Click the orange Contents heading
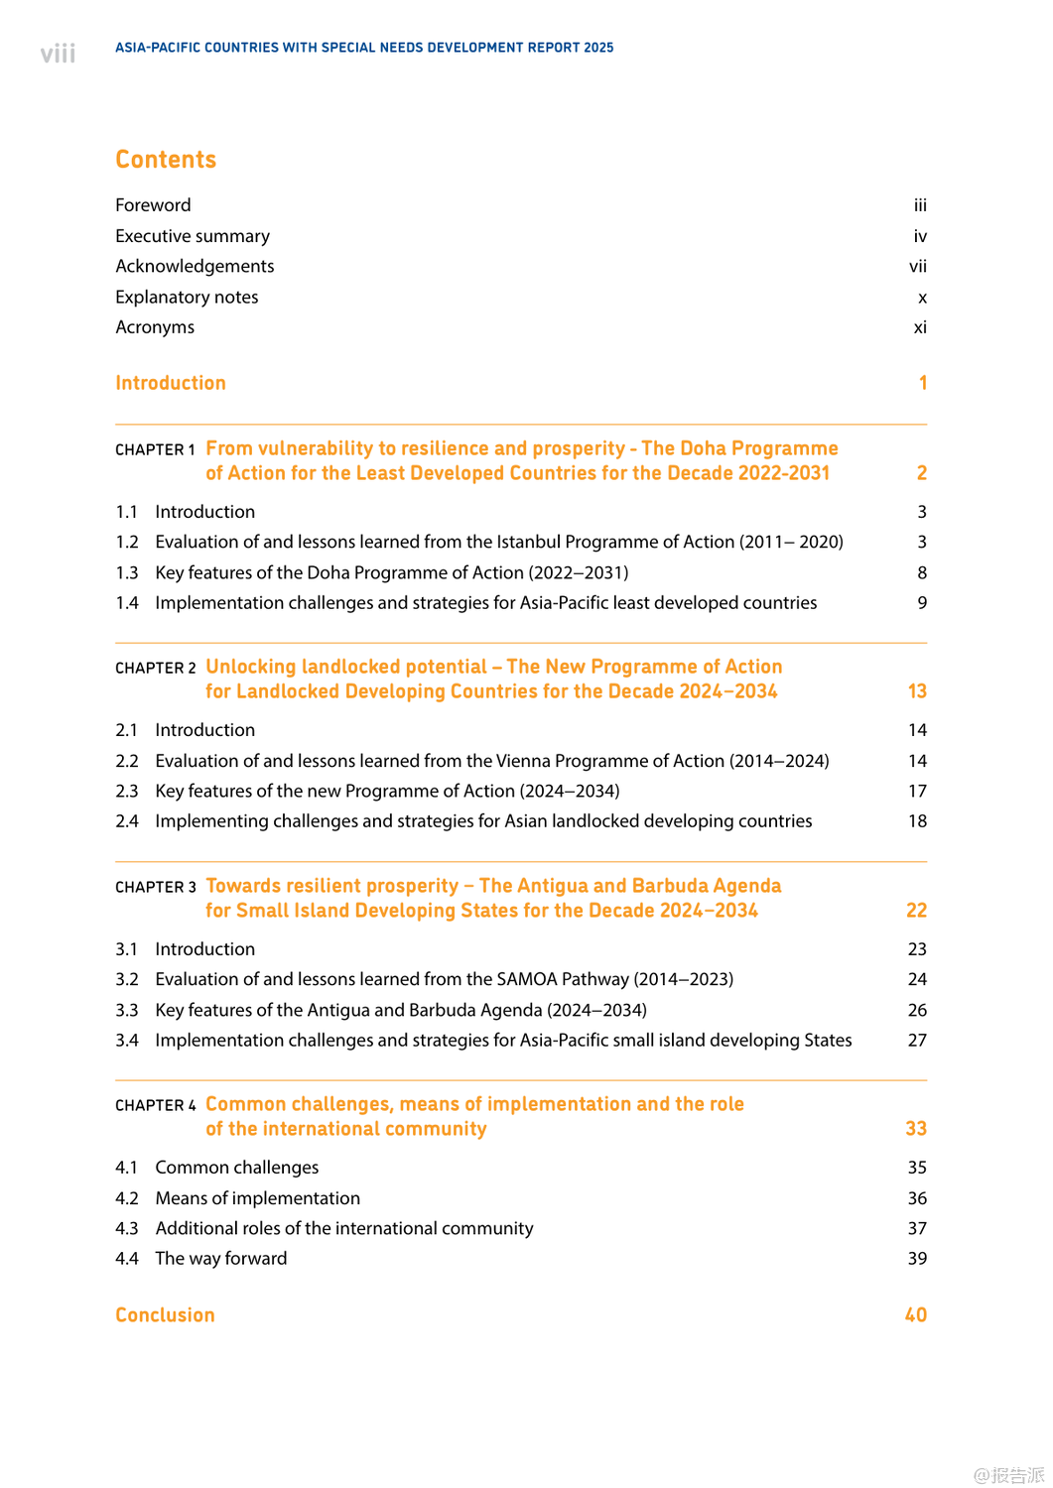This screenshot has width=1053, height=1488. click(x=166, y=160)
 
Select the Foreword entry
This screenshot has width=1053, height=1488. click(x=153, y=205)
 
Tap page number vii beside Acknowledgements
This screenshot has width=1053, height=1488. click(x=918, y=266)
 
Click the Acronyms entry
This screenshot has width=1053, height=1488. click(x=155, y=327)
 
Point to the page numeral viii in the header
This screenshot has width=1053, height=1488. click(x=58, y=54)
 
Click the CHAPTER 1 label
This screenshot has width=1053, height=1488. click(x=155, y=450)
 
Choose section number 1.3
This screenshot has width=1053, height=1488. click(x=127, y=572)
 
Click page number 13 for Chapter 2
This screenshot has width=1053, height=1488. click(x=917, y=691)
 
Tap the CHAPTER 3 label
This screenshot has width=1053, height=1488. click(x=156, y=888)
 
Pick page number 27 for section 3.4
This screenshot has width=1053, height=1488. click(x=917, y=1040)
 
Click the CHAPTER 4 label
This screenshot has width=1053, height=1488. click(x=156, y=1106)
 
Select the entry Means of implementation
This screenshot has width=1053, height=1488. click(x=258, y=1198)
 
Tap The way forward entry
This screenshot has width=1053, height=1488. click(x=221, y=1258)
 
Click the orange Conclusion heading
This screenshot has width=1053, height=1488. click(x=165, y=1315)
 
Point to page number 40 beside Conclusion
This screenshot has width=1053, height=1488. click(x=916, y=1315)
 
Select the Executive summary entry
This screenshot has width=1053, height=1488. click(x=193, y=236)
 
